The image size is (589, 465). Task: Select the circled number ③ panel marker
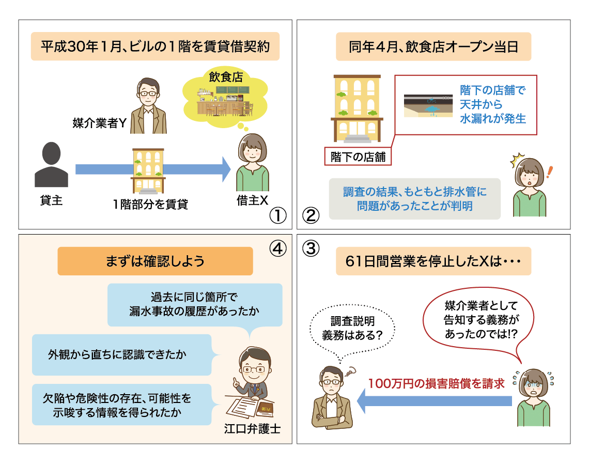[x=310, y=249]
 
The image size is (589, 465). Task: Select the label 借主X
[x=252, y=200]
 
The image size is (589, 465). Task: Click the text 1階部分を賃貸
[x=150, y=204]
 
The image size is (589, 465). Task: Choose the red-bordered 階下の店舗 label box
[x=358, y=156]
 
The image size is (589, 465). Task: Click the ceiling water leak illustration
[x=427, y=104]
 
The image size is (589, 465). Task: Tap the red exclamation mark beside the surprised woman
[x=549, y=172]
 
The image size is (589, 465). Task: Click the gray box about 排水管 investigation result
[x=414, y=199]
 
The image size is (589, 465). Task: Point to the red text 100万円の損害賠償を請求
[x=436, y=384]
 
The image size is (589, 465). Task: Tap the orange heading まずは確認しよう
[x=155, y=261]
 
